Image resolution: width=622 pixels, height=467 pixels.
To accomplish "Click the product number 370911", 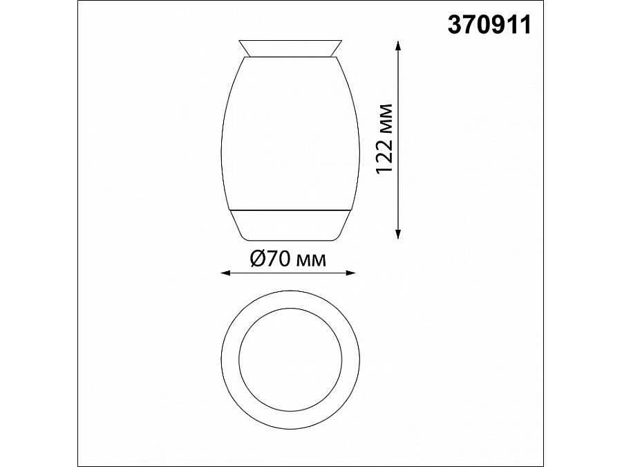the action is point(489,25).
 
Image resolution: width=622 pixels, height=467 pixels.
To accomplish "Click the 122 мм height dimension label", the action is point(384,138).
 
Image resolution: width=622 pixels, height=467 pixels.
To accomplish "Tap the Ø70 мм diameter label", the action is point(288,259).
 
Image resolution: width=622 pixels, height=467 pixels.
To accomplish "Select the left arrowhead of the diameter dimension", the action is point(225,273).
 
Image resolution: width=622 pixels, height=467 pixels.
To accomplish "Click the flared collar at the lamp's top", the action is point(290,48).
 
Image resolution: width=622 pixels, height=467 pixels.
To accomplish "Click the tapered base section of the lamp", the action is point(290,225).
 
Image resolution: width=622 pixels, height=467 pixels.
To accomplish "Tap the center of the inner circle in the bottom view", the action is point(290,358).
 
